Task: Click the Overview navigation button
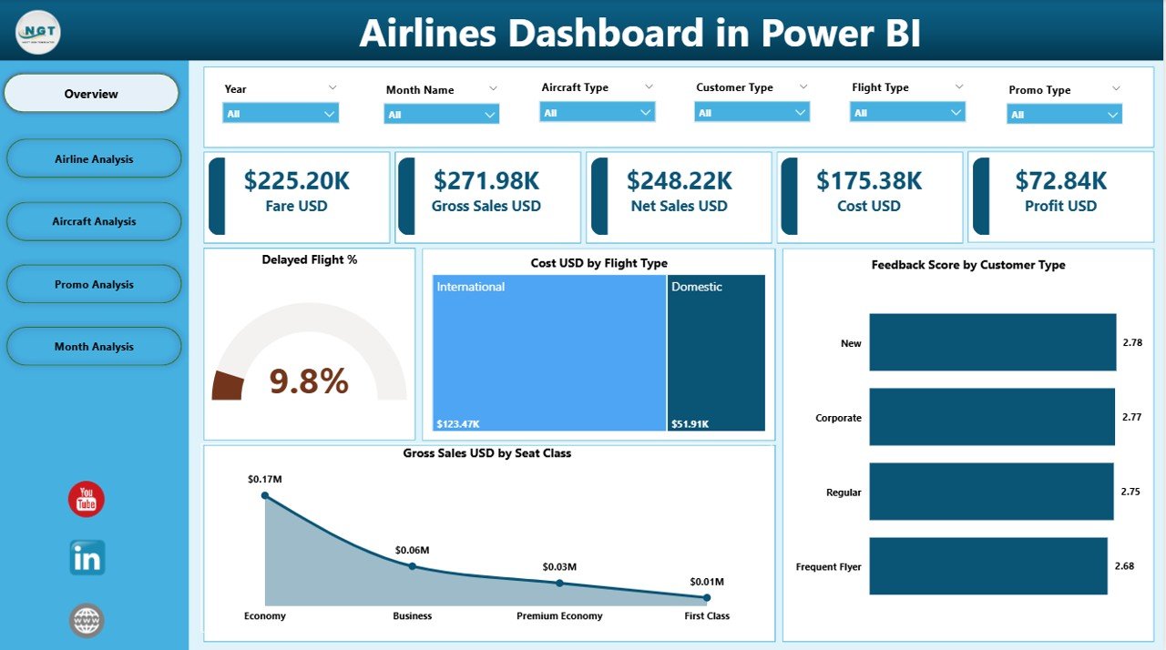tap(91, 94)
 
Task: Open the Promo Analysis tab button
tap(94, 284)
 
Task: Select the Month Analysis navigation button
tap(94, 347)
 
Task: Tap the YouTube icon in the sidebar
tap(87, 499)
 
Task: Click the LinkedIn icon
tap(87, 557)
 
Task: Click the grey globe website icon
tap(87, 621)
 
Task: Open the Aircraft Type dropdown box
tap(597, 112)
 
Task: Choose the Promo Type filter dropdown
tap(1064, 114)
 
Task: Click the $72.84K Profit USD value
tap(1061, 180)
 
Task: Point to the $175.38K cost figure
tap(869, 180)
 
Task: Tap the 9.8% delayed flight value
tap(309, 381)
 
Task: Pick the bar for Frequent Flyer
tap(988, 566)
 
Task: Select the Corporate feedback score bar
tap(992, 417)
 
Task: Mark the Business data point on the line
tap(412, 566)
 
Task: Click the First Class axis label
tap(707, 616)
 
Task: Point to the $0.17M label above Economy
tap(263, 479)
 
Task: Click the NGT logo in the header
tap(38, 33)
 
